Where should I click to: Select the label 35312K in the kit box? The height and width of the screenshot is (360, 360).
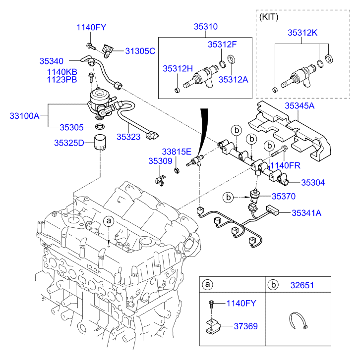(x=302, y=33)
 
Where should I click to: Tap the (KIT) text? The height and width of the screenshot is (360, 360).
(x=269, y=16)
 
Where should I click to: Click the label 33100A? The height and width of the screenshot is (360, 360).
(x=24, y=116)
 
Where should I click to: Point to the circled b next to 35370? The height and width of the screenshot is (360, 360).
(x=228, y=197)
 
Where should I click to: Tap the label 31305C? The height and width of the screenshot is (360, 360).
(x=140, y=51)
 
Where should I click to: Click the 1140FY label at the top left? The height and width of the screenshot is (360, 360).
(x=91, y=28)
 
